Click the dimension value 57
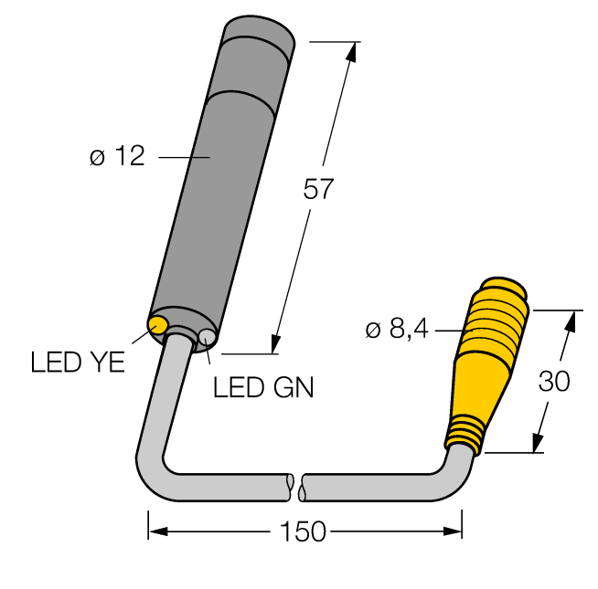pos(319,189)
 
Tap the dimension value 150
pos(304,532)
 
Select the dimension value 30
pos(553,382)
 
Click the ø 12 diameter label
pos(117,157)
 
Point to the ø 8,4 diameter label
pos(397,330)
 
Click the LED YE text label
pos(78,363)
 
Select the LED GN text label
pos(263,388)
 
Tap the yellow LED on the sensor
pos(157,323)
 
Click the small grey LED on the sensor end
pos(207,339)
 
